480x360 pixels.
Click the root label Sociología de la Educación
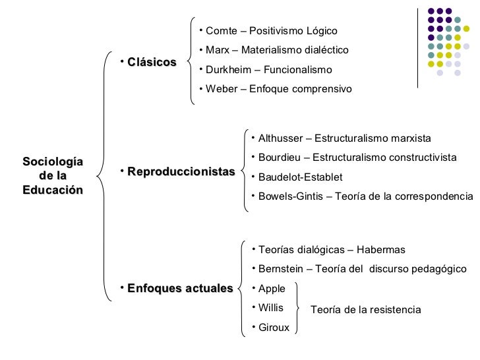[x=53, y=175]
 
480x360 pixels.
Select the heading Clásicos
[x=152, y=63]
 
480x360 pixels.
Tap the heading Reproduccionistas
[x=181, y=172]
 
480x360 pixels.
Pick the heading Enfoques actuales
[x=179, y=288]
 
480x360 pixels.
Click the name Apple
[x=272, y=288]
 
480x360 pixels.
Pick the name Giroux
[x=274, y=326]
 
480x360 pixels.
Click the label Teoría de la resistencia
[x=365, y=309]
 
